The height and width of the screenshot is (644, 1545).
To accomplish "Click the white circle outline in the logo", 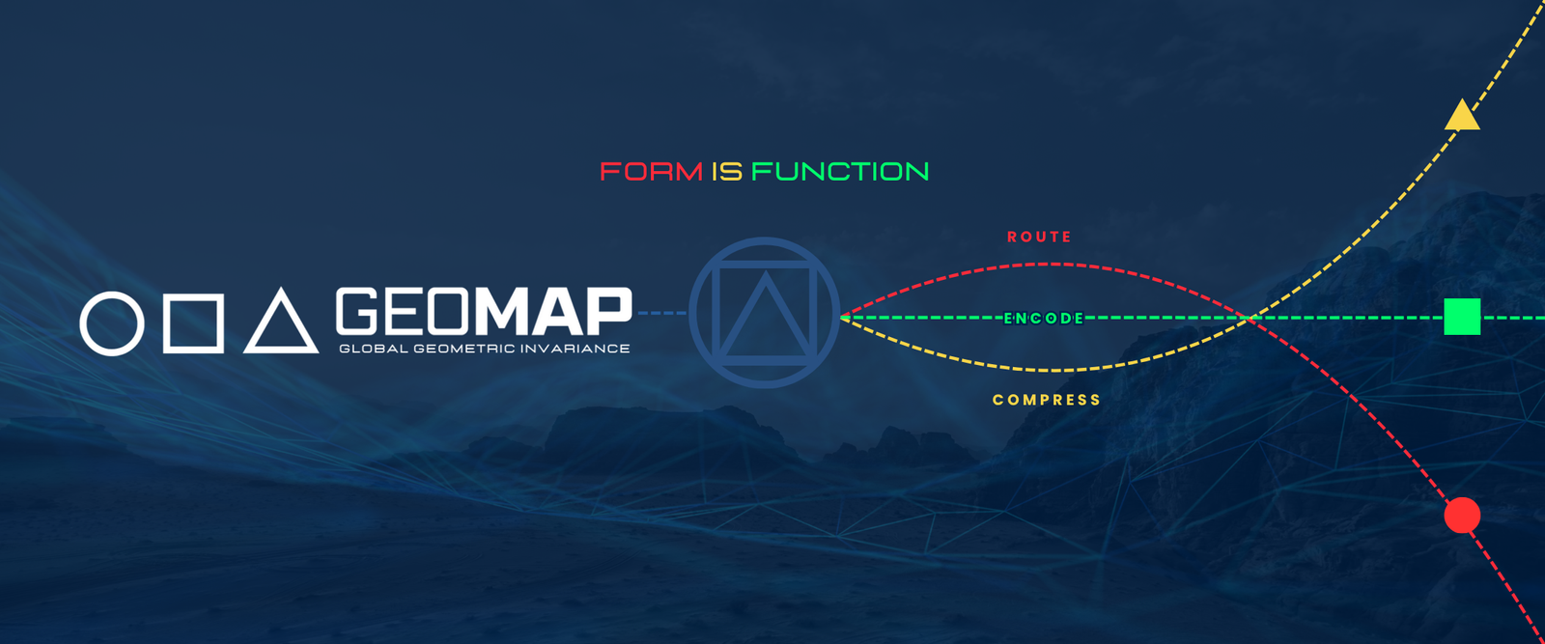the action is [83, 323].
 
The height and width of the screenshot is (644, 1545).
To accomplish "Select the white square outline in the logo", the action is [166, 323].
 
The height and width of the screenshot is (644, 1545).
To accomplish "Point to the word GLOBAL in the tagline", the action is [374, 349].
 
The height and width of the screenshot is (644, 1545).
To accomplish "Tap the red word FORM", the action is [651, 172].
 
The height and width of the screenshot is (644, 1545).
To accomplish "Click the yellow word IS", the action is [727, 172].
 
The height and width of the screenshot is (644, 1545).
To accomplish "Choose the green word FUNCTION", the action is [840, 172].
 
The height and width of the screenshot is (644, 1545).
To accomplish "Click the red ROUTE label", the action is [1039, 238].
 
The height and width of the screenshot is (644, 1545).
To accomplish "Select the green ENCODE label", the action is [1044, 318].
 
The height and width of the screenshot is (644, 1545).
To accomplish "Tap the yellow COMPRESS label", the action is [1047, 400].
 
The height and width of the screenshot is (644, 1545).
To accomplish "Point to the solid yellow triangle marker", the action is [1462, 117].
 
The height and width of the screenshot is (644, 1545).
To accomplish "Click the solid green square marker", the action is [1462, 317].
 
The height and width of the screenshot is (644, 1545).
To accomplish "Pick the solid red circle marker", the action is [1462, 515].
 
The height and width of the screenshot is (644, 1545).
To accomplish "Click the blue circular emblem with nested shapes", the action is [691, 313].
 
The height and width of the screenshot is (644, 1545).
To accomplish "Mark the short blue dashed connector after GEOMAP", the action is [662, 313].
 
